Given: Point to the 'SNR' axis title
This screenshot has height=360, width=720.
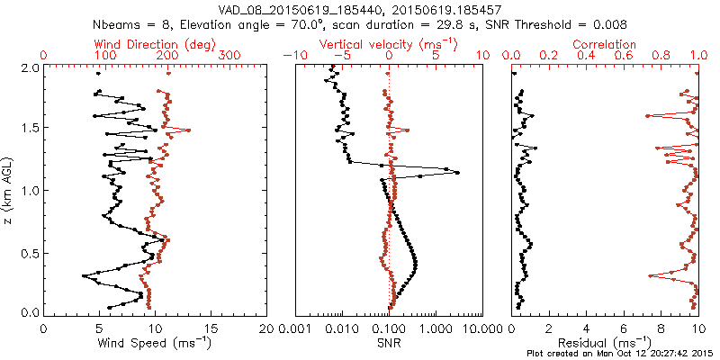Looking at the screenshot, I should (x=389, y=342).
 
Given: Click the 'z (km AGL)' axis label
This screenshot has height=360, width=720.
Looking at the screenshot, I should (x=8, y=190).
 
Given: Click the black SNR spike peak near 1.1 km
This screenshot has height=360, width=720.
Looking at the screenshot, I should (x=457, y=173).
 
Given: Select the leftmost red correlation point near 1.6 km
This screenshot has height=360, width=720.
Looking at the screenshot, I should (x=648, y=116).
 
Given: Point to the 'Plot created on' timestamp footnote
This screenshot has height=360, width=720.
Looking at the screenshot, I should (x=622, y=354).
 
